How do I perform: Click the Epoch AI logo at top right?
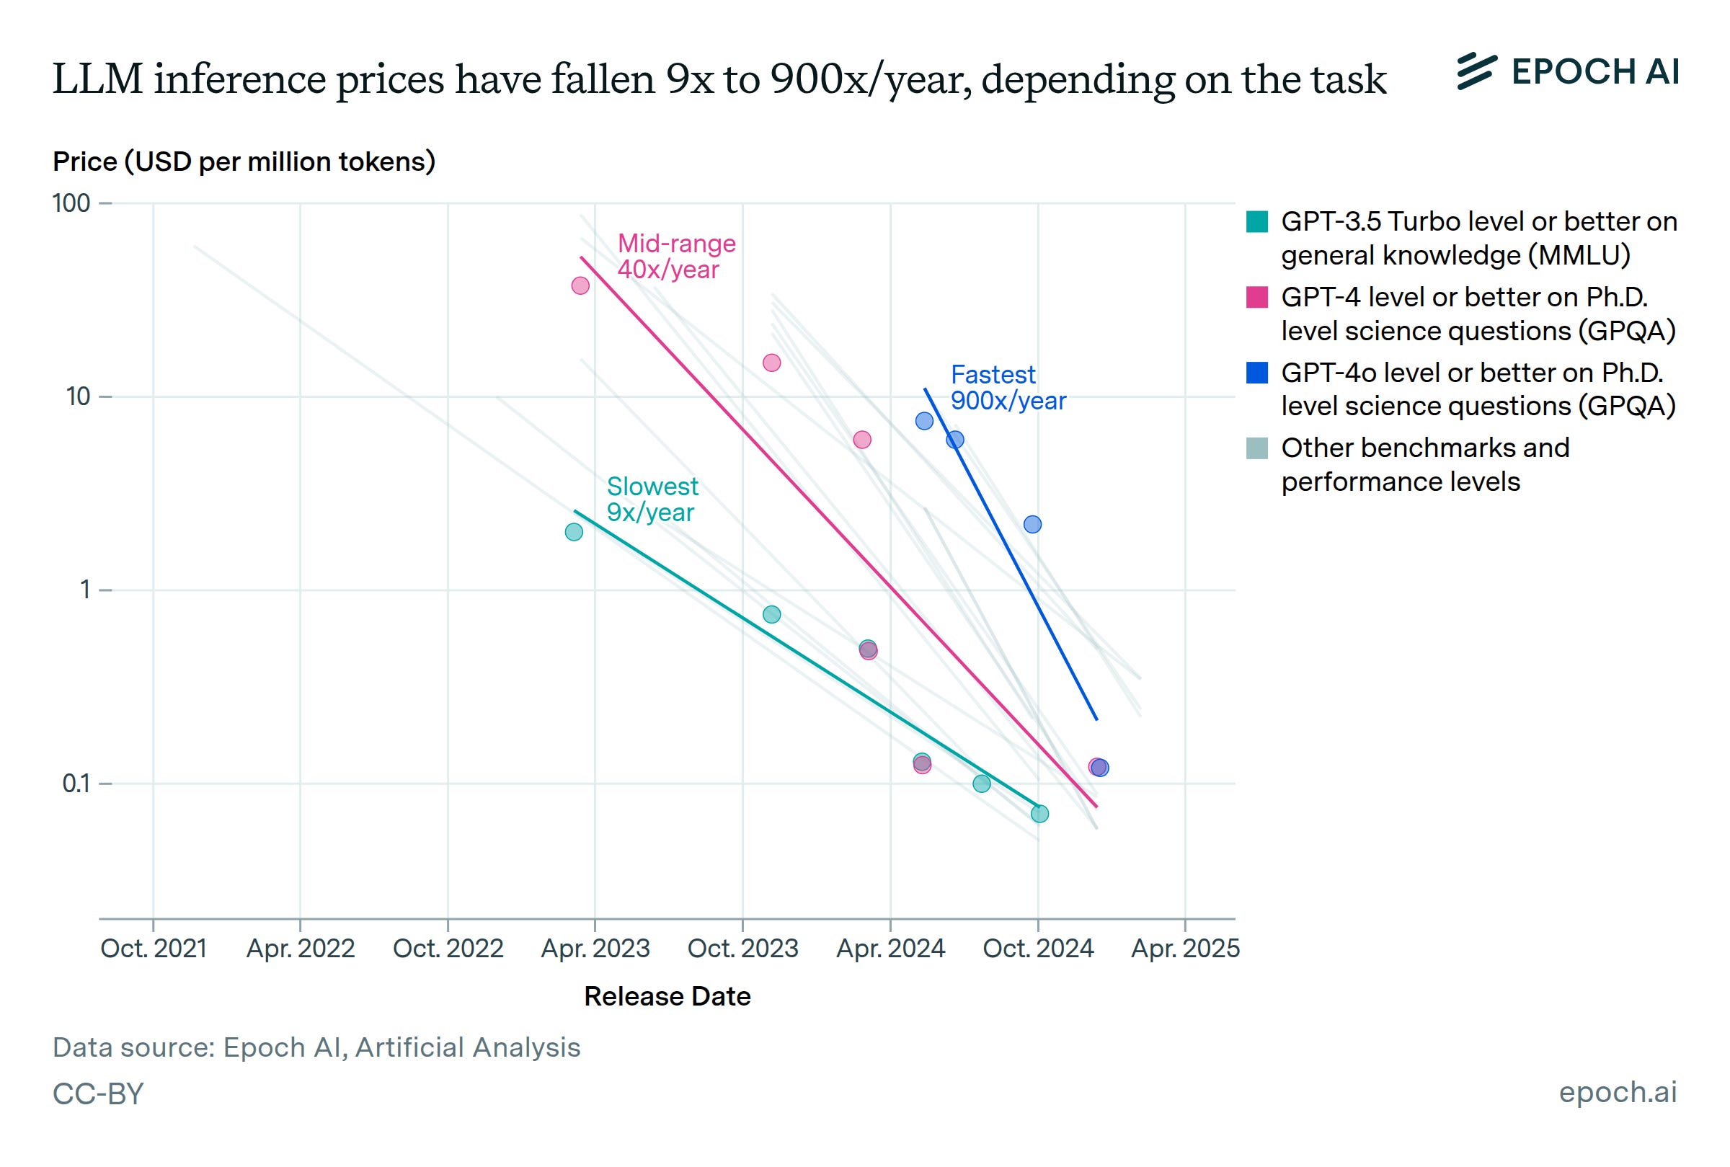1567,72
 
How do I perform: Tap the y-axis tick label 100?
71,203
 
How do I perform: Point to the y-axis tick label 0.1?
76,783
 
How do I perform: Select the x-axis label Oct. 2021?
154,948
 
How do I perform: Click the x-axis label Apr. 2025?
1184,948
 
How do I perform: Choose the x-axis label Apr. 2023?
595,948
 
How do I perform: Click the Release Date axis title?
667,996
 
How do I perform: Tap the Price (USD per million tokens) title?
244,161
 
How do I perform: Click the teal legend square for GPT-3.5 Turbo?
1256,222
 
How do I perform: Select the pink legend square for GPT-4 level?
1256,297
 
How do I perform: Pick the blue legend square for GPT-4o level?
1256,372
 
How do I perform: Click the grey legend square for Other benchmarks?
1256,448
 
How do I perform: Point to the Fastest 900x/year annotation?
1008,387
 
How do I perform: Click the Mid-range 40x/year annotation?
675,256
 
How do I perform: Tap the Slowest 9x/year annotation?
652,499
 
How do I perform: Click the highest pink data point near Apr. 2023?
580,285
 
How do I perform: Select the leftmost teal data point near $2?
574,531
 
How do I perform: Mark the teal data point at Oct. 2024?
1039,814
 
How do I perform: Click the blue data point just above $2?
1032,524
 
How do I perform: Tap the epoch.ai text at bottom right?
1618,1092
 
